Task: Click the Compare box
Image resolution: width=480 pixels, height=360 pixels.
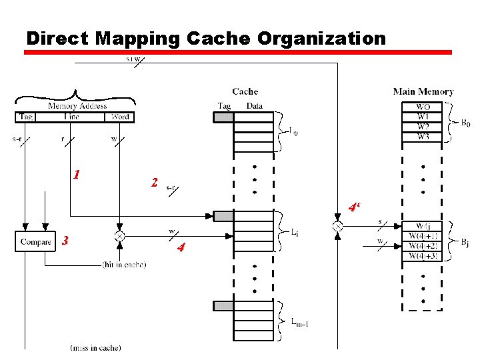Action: (x=35, y=241)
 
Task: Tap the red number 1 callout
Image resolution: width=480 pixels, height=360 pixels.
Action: (x=77, y=175)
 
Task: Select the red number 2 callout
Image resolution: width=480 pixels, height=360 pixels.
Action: (x=155, y=182)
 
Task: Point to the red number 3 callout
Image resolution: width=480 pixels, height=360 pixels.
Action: (x=65, y=241)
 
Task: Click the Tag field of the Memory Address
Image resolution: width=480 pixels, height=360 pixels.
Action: (x=25, y=117)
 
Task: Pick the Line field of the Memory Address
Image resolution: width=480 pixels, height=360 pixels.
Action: (x=71, y=117)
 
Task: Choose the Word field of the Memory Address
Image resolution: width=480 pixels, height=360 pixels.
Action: (x=119, y=117)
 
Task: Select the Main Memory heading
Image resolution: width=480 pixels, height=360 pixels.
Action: (x=423, y=92)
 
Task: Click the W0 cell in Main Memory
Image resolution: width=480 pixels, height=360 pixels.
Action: (x=423, y=107)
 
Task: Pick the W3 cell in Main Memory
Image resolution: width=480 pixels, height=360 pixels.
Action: (x=423, y=137)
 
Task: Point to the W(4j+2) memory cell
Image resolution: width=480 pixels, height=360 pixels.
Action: (x=423, y=246)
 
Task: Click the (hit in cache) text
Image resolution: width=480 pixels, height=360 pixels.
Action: (x=124, y=265)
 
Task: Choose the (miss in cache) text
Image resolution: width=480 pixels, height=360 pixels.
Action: (x=95, y=347)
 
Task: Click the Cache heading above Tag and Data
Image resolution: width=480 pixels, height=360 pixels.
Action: (x=245, y=91)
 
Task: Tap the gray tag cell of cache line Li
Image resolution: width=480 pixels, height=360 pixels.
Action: (x=223, y=216)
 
